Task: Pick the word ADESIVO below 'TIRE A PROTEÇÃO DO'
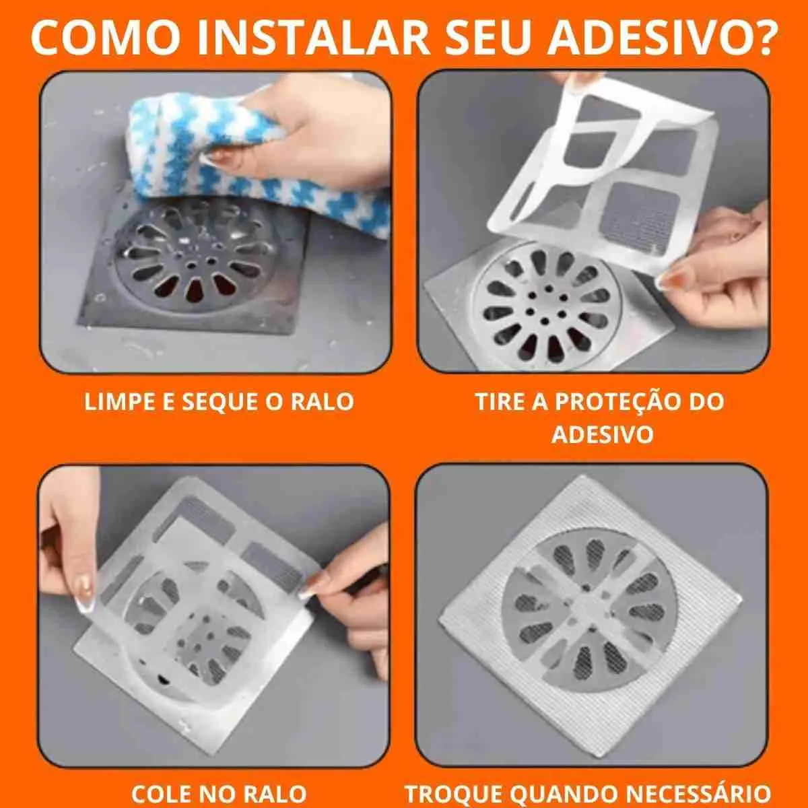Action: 603,434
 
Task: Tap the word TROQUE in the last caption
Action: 453,793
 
